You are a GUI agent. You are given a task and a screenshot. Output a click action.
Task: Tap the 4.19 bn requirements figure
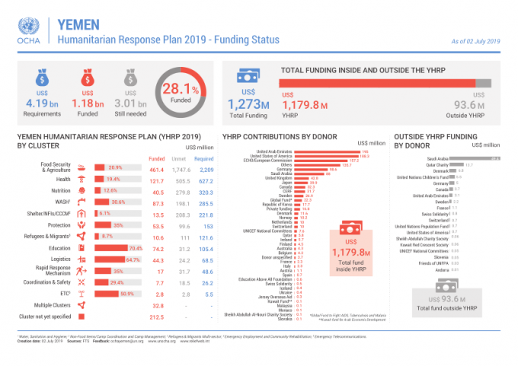click(x=42, y=103)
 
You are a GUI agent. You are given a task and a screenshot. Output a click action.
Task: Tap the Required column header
click(x=203, y=158)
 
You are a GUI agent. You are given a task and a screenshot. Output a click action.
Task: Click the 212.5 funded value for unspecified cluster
click(x=156, y=317)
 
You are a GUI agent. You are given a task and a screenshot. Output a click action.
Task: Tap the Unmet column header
click(x=181, y=158)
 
